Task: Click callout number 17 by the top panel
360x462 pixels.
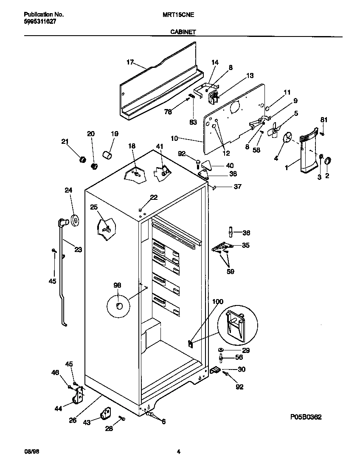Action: (130, 62)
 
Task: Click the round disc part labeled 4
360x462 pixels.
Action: (288, 137)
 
